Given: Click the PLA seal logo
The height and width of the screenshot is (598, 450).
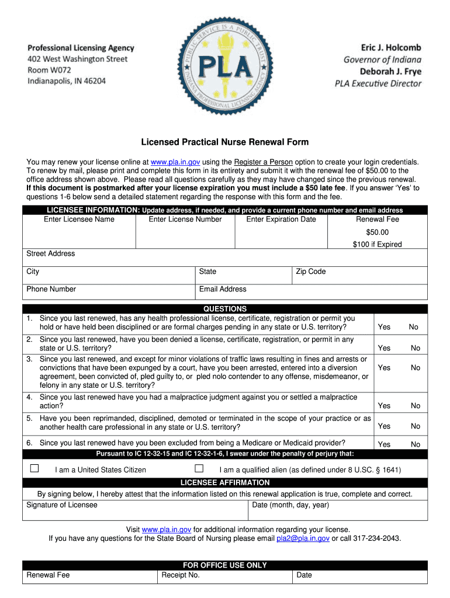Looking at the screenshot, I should (x=225, y=65).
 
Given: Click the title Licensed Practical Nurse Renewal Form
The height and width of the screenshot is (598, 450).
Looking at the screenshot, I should (x=224, y=142).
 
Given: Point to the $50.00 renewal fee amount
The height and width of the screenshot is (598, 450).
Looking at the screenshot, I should (x=377, y=232).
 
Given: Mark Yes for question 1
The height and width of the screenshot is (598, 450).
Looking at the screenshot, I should (x=384, y=327).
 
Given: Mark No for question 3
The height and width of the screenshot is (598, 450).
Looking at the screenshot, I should (x=415, y=368).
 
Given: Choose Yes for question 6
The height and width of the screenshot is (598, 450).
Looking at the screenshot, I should (x=384, y=444).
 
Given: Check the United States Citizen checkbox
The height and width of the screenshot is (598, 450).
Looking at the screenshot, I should (x=34, y=468).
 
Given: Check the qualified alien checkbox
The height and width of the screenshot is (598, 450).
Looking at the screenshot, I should (x=199, y=468).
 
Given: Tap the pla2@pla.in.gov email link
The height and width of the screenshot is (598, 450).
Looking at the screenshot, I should (x=303, y=538).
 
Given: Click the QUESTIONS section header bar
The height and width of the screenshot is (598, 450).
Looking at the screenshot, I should (x=224, y=309).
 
